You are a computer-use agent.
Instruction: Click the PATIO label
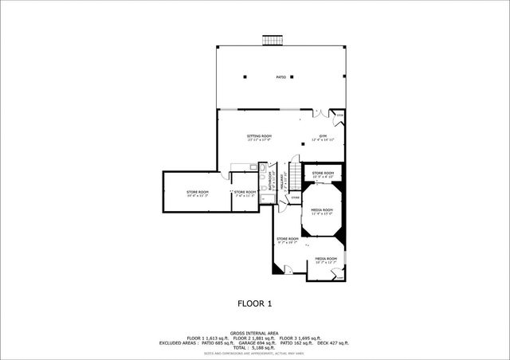pyautogui.click(x=281, y=77)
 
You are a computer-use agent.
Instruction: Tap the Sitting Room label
pyautogui.click(x=259, y=138)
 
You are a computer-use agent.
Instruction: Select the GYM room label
pyautogui.click(x=324, y=138)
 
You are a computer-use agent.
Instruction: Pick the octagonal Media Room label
pyautogui.click(x=321, y=210)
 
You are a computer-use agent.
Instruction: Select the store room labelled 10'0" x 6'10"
pyautogui.click(x=323, y=174)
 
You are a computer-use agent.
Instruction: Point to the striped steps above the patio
pyautogui.click(x=273, y=39)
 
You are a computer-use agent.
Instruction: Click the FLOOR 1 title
pyautogui.click(x=255, y=303)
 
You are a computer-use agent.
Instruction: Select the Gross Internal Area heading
pyautogui.click(x=255, y=334)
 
